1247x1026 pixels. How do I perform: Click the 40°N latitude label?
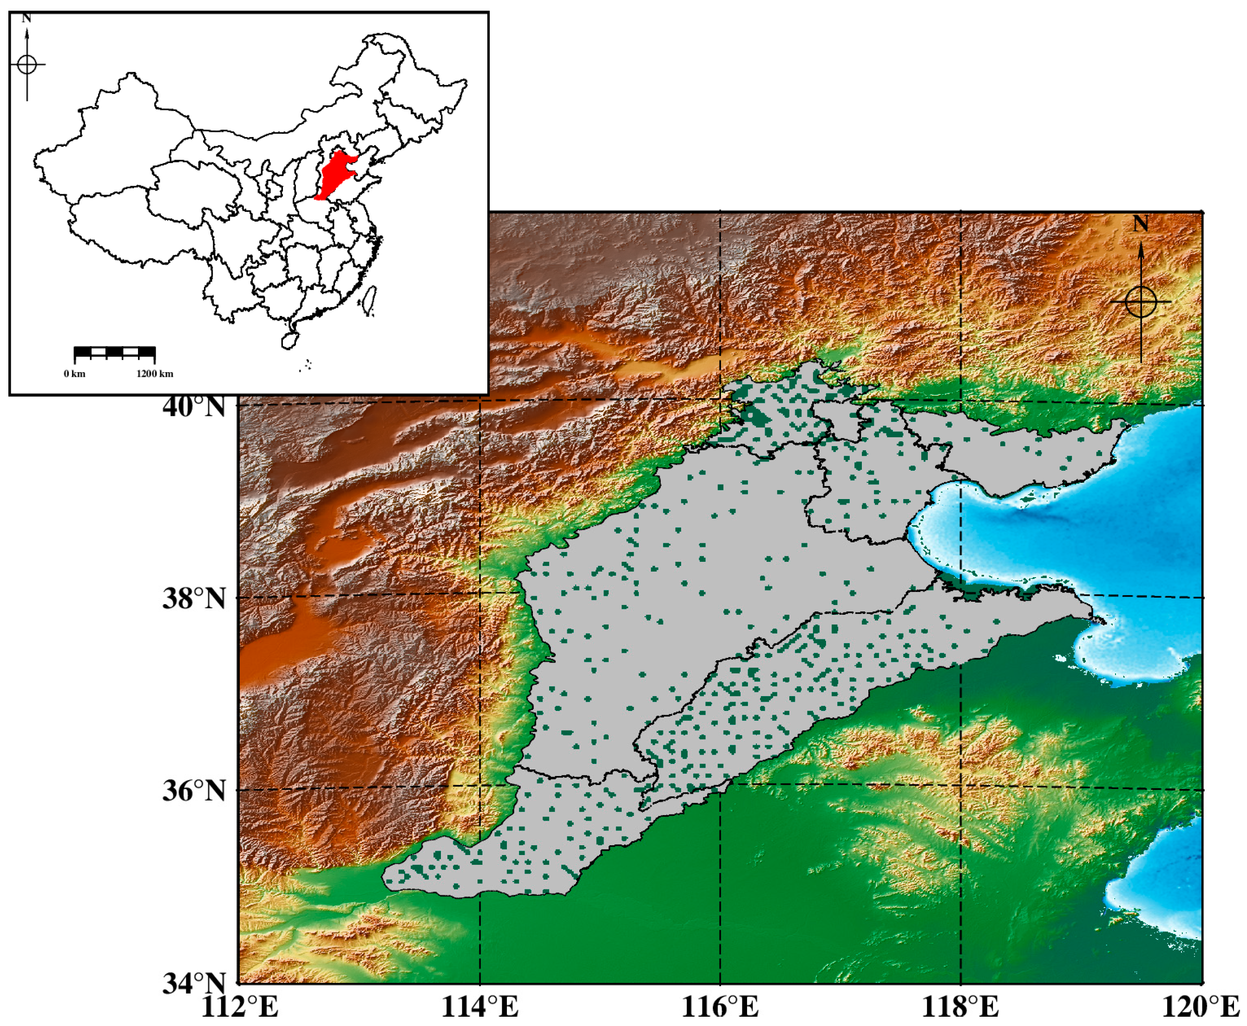(x=194, y=407)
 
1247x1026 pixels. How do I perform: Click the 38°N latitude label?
(x=194, y=598)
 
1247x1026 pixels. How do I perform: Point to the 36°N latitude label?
(x=194, y=791)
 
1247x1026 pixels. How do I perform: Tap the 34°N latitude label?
(x=194, y=983)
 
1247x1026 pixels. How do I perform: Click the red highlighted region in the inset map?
(x=337, y=174)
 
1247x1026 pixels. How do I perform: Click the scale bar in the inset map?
(x=115, y=353)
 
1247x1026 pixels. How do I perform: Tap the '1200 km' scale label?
(x=155, y=374)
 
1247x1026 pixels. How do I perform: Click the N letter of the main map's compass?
(x=1141, y=224)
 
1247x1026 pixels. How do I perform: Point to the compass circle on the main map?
(x=1141, y=302)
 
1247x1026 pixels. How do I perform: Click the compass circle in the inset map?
(x=27, y=64)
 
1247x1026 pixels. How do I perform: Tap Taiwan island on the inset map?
(x=369, y=300)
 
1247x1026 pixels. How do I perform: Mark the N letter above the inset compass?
(x=26, y=18)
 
